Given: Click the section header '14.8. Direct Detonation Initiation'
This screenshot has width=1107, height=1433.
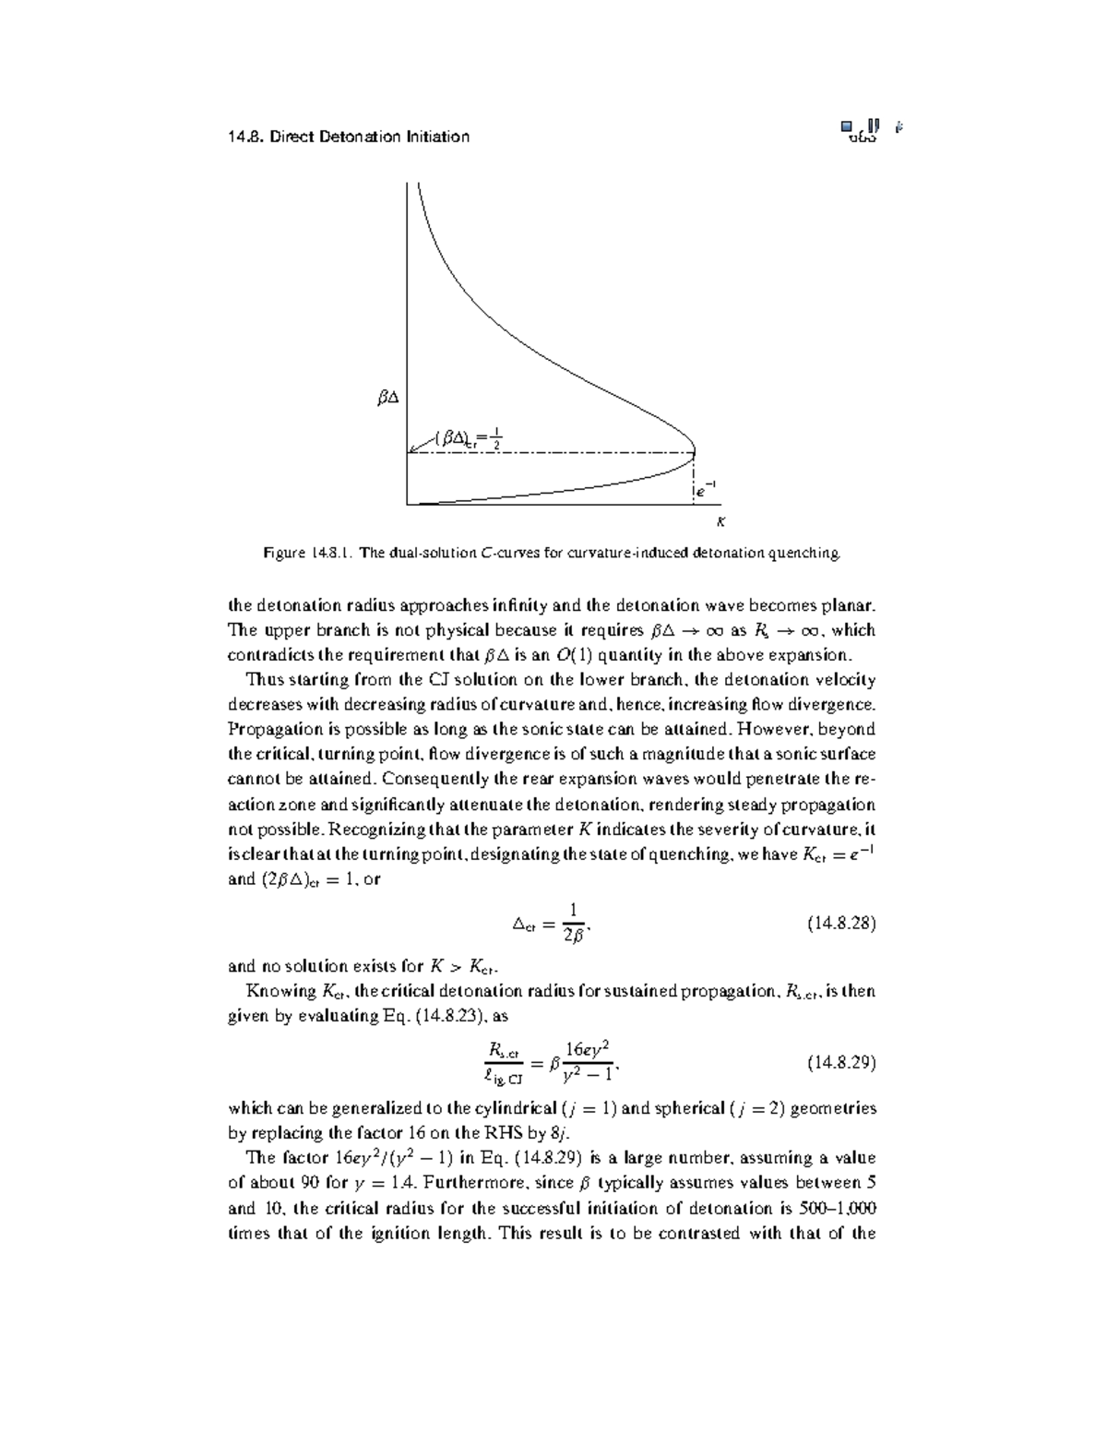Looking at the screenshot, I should coord(348,137).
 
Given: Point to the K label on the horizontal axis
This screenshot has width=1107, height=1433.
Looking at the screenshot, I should coord(721,522).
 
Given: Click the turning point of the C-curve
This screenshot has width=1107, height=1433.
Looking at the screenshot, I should coord(695,452).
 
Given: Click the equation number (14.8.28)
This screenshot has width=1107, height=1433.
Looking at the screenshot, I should coord(840,923).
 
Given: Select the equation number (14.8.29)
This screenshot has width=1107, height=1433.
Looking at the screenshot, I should coord(840,1062).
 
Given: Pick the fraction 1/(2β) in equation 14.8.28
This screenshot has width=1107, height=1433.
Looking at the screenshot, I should coord(573,924).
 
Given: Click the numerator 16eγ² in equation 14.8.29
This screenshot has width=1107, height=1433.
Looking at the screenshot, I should coord(588,1049).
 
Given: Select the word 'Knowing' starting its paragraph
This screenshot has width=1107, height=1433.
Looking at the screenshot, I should coord(280,991).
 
